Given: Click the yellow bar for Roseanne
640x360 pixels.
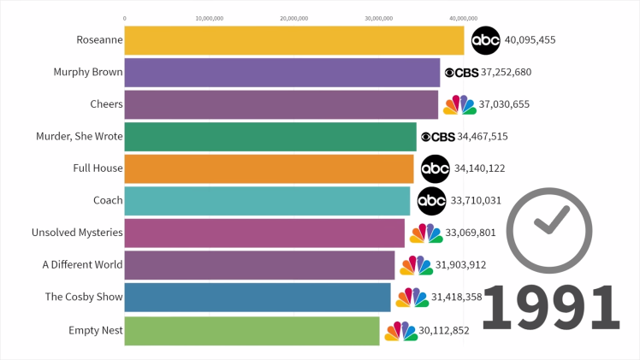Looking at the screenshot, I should (x=293, y=40).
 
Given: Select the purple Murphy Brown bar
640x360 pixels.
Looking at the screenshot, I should (x=281, y=73).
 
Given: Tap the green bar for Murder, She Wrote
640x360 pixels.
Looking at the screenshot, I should (x=270, y=137).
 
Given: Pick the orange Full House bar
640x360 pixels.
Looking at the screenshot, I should (x=269, y=168).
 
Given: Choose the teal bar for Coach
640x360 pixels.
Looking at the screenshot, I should (x=267, y=201).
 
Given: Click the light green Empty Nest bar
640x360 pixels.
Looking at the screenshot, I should (x=252, y=330).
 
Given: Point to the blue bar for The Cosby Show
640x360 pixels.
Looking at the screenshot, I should (x=258, y=298).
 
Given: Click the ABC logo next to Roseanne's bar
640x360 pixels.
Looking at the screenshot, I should (x=485, y=39).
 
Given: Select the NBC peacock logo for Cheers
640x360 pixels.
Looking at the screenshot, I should (x=459, y=104).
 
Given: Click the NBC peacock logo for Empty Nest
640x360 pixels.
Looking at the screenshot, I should (x=400, y=331).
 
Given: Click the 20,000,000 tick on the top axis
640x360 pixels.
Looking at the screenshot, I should (x=293, y=17).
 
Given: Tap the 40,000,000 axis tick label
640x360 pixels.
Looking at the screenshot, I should (x=463, y=17).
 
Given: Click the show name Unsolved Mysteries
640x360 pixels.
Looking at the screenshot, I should (x=77, y=233).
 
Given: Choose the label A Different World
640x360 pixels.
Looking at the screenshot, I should (x=82, y=265).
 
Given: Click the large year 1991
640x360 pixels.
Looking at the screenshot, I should (x=551, y=308).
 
